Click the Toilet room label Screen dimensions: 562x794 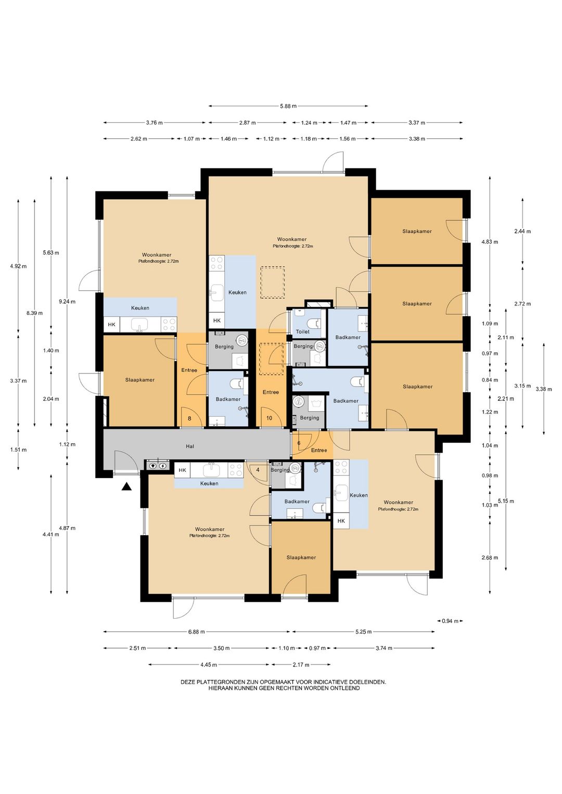point(302,332)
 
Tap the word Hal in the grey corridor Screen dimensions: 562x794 point(190,446)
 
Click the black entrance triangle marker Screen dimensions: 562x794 point(126,487)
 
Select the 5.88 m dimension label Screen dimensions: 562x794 point(288,106)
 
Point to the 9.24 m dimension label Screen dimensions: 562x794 point(67,302)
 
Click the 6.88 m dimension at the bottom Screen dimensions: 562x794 point(196,632)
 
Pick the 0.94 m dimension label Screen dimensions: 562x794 point(450,621)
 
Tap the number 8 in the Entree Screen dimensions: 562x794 point(189,418)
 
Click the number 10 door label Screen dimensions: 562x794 point(269,418)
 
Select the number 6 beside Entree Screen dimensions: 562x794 point(299,443)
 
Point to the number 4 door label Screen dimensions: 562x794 point(258,470)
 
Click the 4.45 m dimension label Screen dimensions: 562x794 point(209,664)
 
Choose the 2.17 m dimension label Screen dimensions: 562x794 point(301,664)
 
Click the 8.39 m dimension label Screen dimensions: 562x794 point(34,313)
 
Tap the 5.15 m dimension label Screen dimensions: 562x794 point(506,501)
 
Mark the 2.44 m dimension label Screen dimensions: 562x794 point(522,231)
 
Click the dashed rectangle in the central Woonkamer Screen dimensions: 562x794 point(273,283)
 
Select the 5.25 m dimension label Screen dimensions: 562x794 point(363,632)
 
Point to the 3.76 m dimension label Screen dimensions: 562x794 point(154,123)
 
